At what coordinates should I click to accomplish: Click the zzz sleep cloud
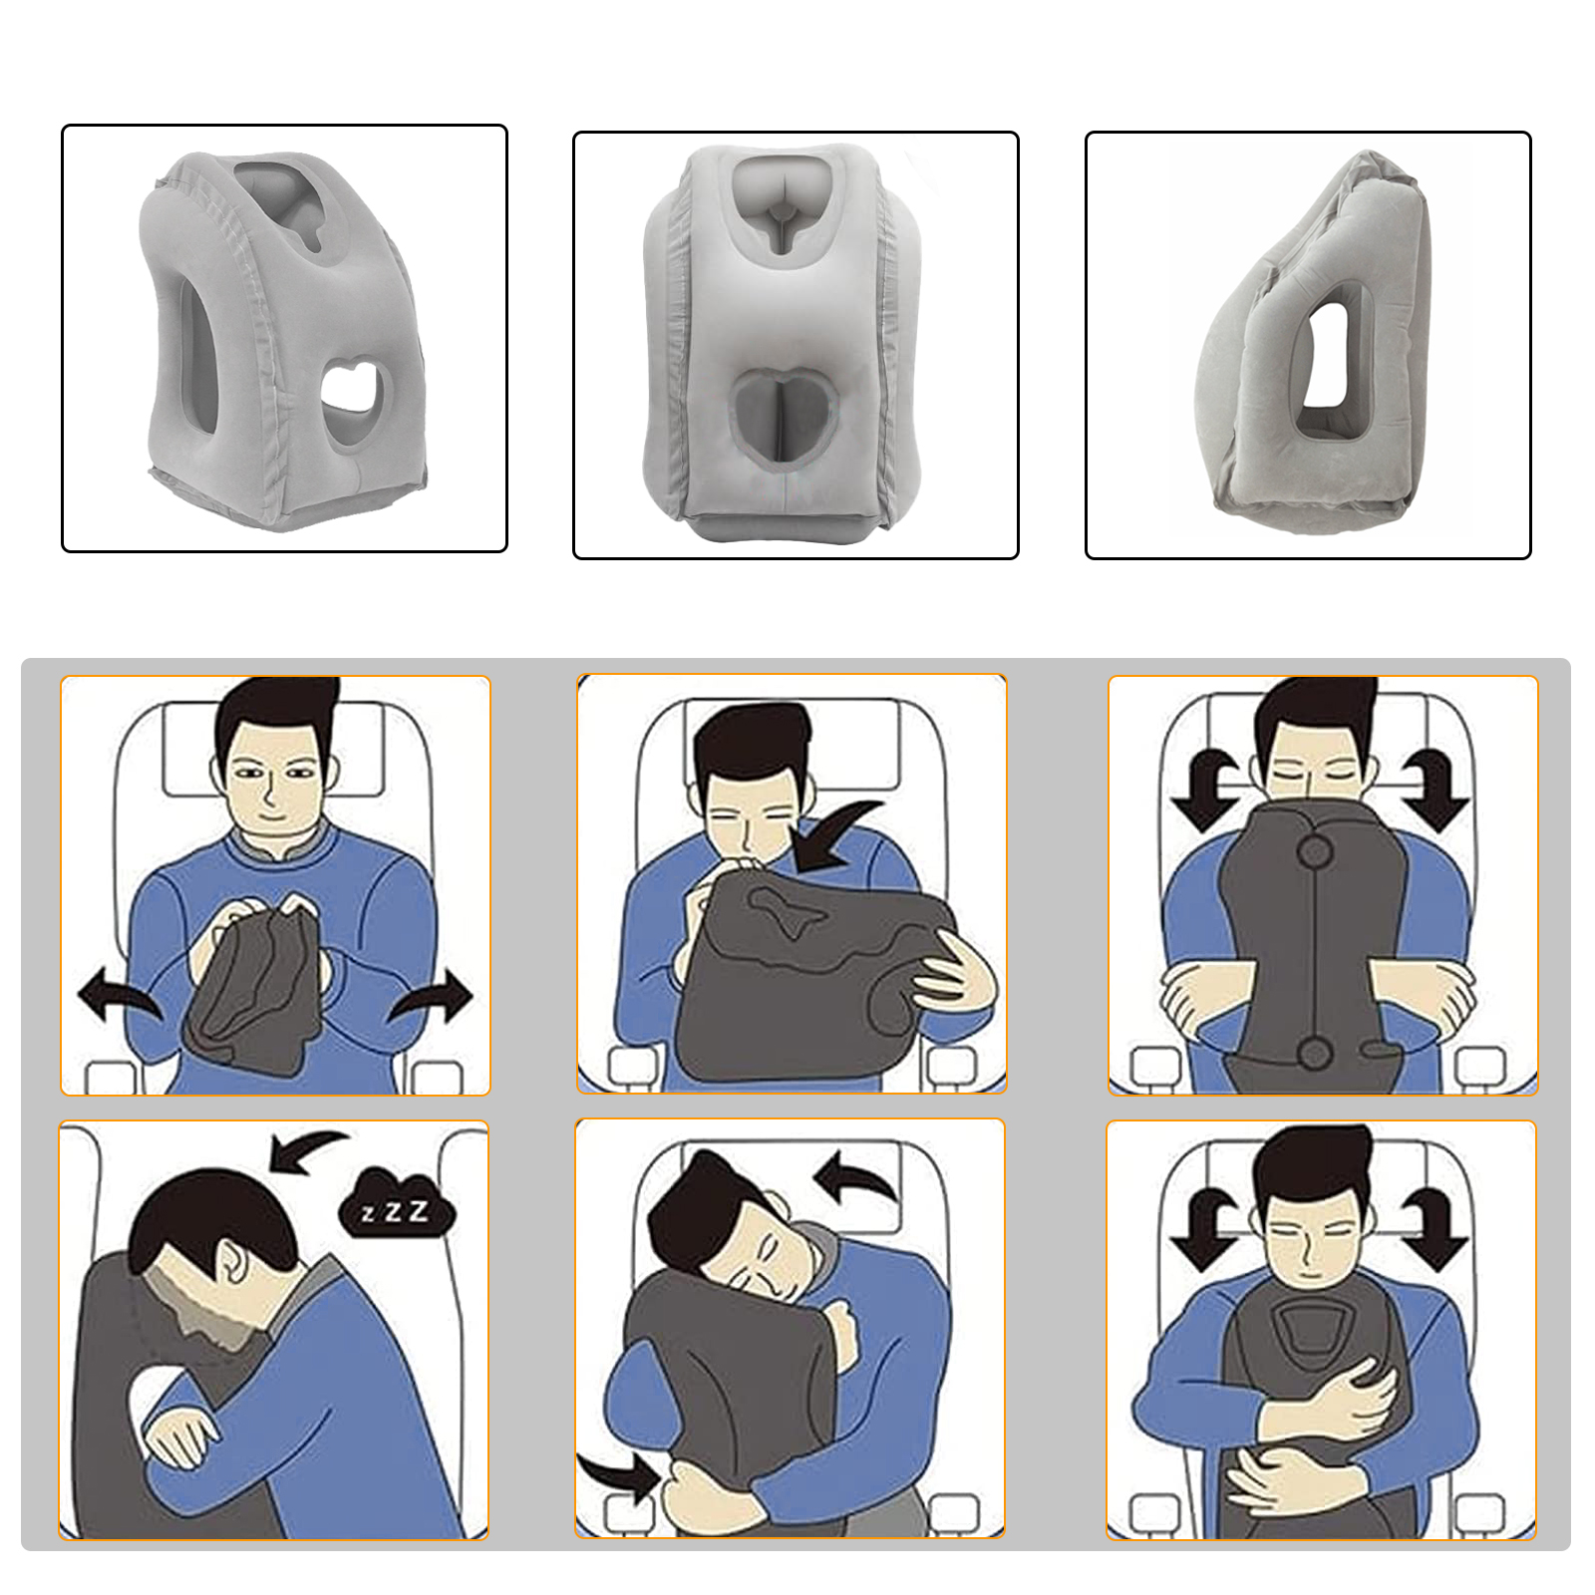pos(397,1209)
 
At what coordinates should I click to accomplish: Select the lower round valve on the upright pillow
pos(1314,1052)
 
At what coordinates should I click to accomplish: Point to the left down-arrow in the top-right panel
pos(1207,789)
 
